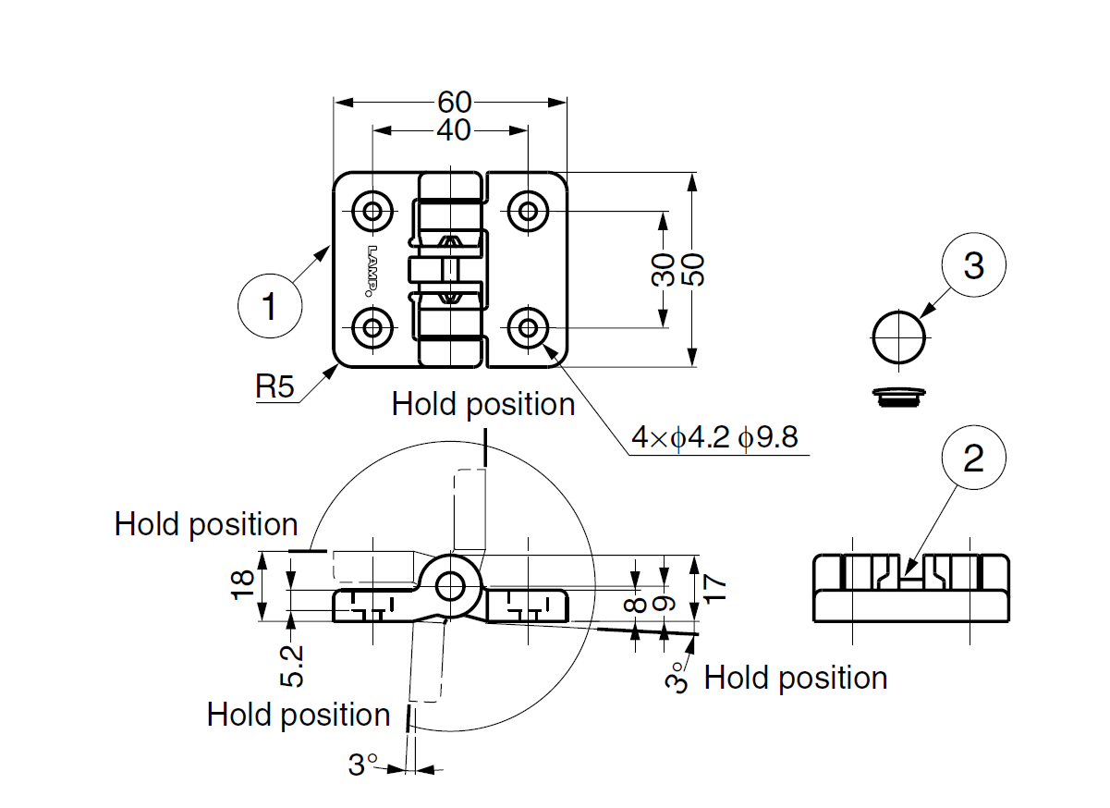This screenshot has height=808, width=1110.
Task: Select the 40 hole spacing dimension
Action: [453, 131]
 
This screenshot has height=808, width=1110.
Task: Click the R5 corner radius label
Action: [274, 387]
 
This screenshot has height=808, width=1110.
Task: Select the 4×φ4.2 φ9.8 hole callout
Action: [714, 436]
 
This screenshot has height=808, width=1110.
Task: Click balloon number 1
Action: [269, 306]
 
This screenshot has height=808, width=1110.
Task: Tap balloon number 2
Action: [974, 459]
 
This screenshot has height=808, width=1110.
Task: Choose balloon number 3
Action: [974, 266]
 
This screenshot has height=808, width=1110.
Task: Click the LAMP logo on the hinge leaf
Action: [372, 270]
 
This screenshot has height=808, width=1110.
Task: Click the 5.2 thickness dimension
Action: [291, 666]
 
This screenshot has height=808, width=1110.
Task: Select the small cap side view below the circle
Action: [899, 395]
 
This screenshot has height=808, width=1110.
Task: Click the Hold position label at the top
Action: [483, 405]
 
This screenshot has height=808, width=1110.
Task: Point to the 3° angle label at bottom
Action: [363, 765]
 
